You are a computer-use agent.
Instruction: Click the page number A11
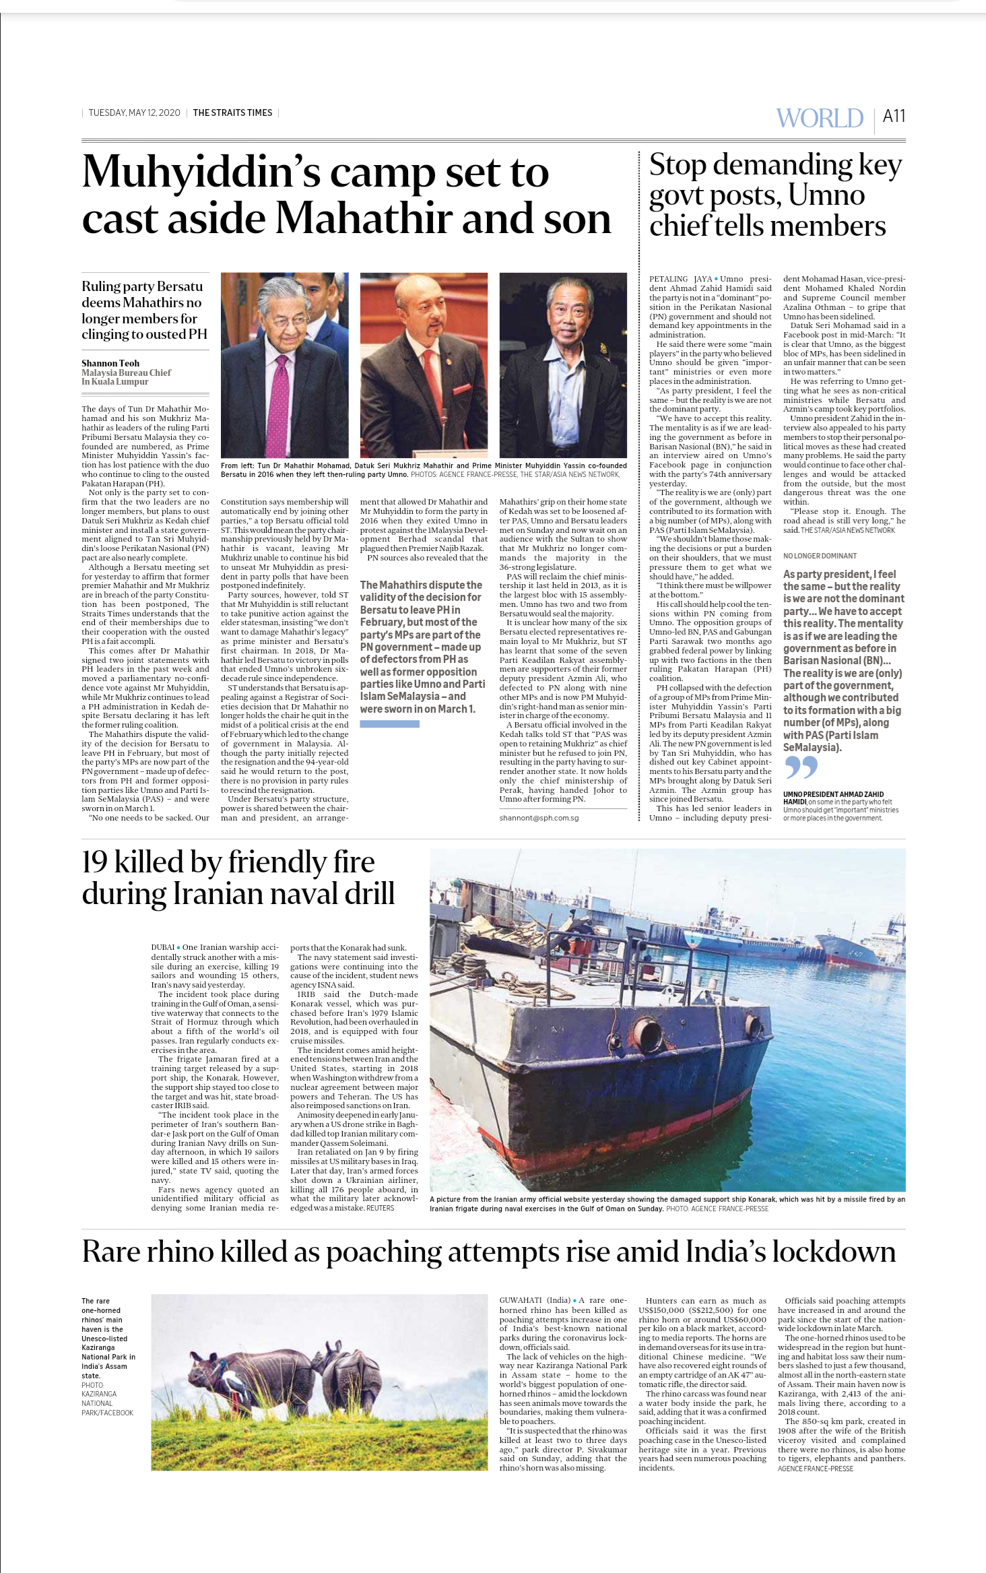[x=894, y=117]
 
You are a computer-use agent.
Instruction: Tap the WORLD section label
[x=820, y=118]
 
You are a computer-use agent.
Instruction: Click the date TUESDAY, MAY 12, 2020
[x=134, y=113]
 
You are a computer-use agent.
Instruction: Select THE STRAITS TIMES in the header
[x=232, y=113]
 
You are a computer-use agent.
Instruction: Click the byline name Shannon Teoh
[x=110, y=363]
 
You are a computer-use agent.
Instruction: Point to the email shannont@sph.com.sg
[x=539, y=818]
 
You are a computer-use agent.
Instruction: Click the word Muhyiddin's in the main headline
[x=201, y=173]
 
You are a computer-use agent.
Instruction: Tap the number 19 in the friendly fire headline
[x=94, y=862]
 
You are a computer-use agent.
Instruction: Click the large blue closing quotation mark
[x=801, y=767]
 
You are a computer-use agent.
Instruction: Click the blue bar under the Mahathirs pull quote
[x=389, y=724]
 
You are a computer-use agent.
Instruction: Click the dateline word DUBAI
[x=162, y=947]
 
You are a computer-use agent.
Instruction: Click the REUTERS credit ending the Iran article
[x=381, y=1208]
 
